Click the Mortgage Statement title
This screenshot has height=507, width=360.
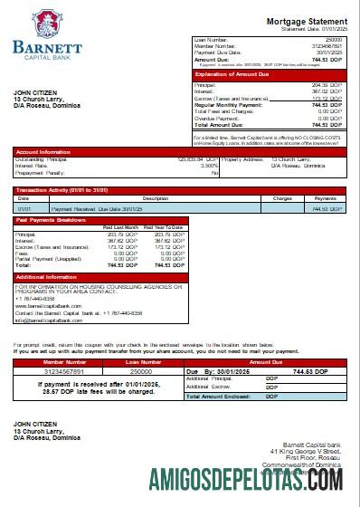[x=305, y=21]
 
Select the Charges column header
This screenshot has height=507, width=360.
[x=282, y=197]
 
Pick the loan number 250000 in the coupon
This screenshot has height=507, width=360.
[x=140, y=370]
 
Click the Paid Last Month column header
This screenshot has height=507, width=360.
[x=120, y=226]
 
